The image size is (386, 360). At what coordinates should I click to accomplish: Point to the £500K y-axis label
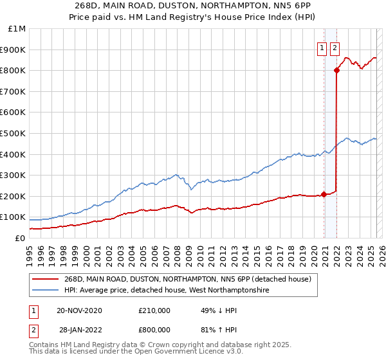tap(15, 134)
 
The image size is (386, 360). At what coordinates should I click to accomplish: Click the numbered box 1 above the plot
tap(321, 47)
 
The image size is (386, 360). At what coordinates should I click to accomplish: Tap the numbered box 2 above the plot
tap(335, 47)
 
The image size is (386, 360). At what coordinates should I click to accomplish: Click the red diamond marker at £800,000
tap(336, 71)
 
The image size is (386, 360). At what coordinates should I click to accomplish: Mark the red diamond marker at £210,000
tap(324, 194)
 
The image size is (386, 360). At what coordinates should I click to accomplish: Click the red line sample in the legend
tap(46, 279)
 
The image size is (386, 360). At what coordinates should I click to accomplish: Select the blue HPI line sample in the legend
tap(46, 291)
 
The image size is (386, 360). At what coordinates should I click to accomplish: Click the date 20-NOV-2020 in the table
tap(79, 310)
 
